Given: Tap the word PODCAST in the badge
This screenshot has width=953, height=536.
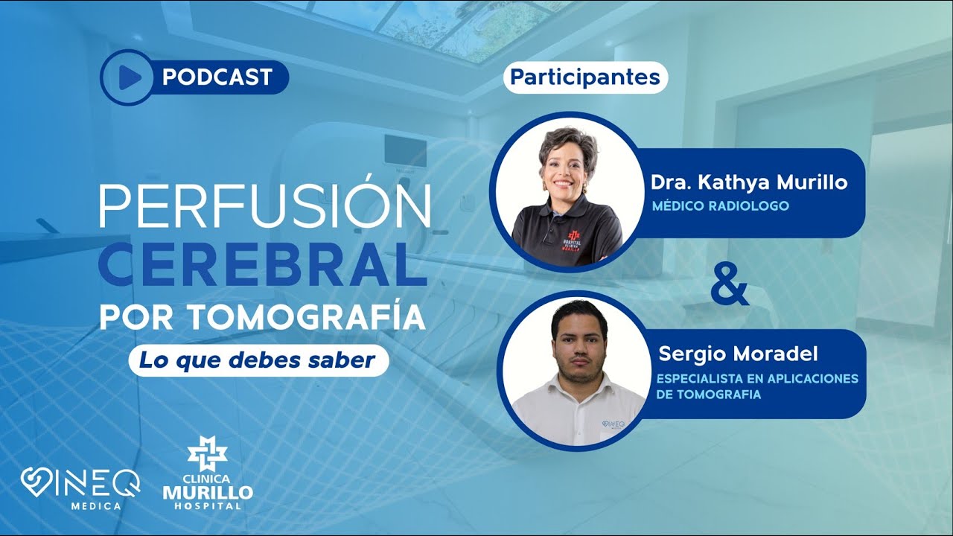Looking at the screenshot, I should [217, 77].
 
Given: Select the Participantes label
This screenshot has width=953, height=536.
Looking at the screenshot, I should [585, 77].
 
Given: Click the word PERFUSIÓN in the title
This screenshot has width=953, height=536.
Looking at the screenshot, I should [265, 206].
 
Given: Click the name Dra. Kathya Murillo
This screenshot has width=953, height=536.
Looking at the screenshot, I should [749, 183].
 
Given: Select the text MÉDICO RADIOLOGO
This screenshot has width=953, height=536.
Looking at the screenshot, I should [720, 205].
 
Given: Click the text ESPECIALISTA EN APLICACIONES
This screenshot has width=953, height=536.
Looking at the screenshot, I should [757, 379].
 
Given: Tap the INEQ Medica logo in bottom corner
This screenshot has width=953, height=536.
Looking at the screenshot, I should [80, 488].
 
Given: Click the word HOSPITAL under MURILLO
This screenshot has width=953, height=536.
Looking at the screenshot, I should [208, 506].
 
